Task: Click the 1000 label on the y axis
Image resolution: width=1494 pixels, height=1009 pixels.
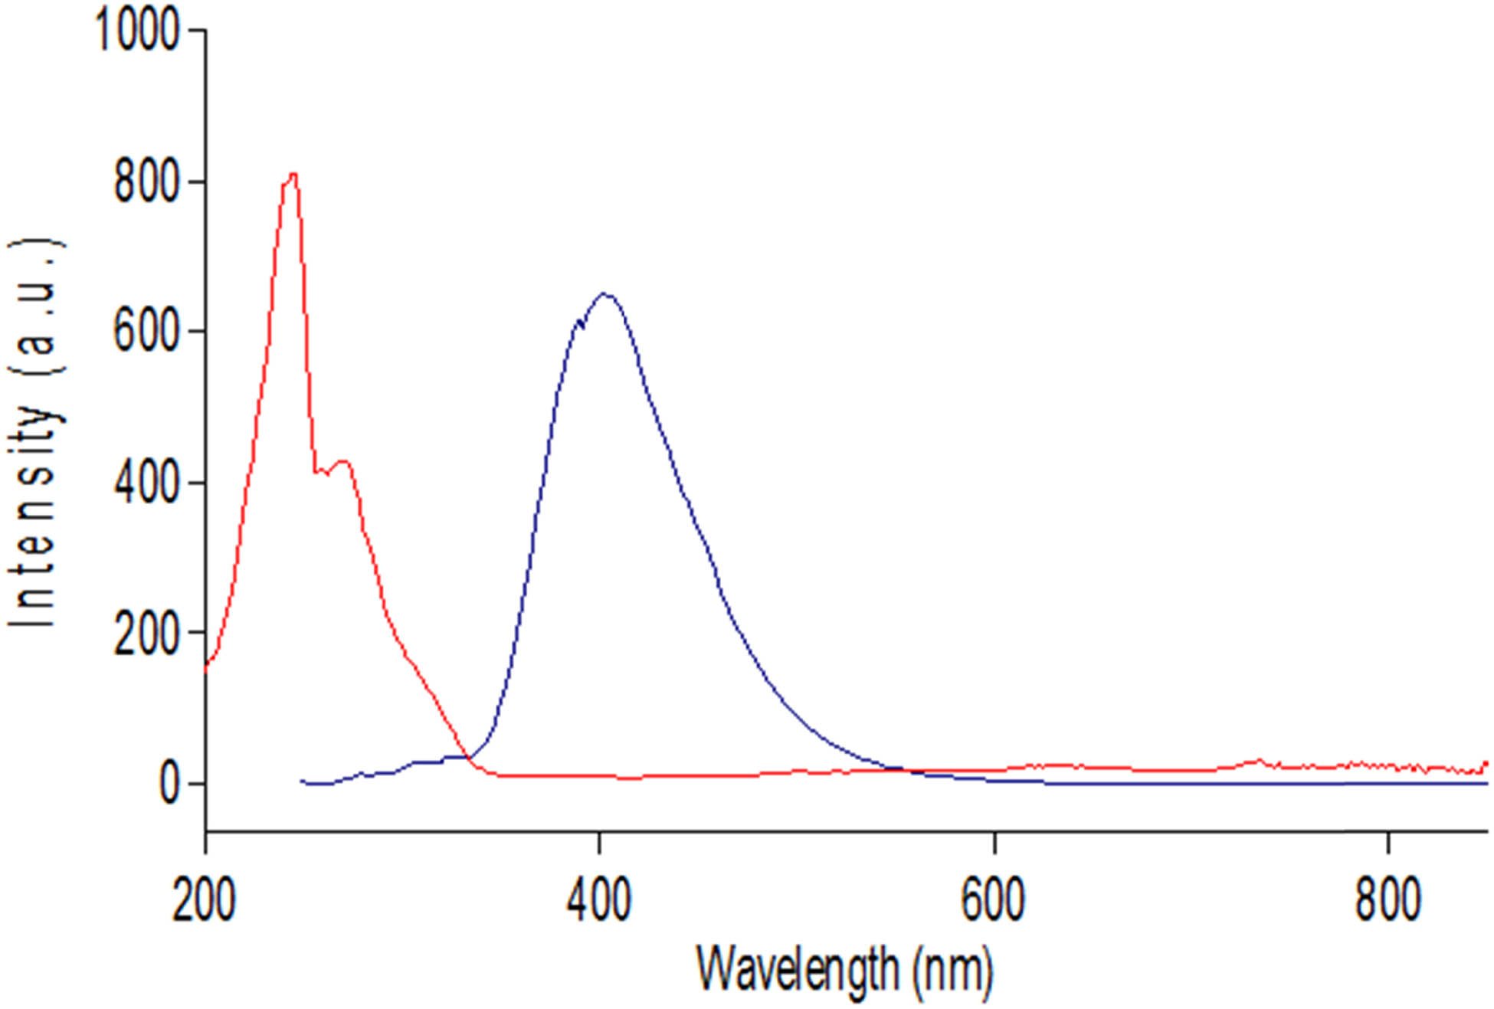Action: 136,31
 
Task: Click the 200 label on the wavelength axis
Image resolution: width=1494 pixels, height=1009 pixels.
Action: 204,901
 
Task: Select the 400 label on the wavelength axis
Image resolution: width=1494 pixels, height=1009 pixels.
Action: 599,901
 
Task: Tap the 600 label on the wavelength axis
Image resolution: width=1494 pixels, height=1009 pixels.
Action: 994,901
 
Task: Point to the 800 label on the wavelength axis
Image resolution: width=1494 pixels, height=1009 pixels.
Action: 1388,901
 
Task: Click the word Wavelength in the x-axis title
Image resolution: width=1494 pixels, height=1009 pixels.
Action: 798,970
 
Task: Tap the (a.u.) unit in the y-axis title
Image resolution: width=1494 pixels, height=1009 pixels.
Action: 37,306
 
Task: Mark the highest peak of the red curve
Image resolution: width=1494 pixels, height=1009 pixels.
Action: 292,175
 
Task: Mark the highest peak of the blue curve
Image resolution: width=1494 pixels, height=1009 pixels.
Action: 604,294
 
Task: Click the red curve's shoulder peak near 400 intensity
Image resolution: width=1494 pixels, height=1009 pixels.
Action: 343,461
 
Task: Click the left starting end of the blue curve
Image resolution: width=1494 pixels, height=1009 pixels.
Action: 302,781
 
